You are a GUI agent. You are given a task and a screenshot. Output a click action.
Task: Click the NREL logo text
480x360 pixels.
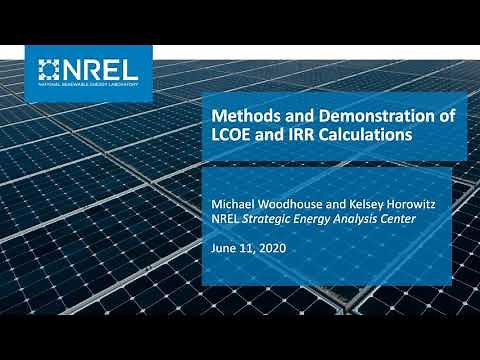click(104, 69)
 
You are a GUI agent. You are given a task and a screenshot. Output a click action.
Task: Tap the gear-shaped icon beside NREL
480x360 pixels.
click(50, 69)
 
